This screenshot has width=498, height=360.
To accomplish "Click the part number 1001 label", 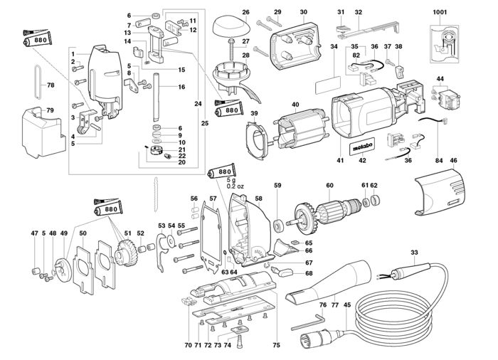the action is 440,12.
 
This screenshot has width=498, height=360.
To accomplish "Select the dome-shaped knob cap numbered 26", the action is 232,27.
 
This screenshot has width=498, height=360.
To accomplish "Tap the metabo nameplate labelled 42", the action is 362,147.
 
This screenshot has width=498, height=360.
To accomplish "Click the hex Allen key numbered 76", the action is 307,322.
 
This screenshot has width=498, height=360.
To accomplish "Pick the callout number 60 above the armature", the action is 329,185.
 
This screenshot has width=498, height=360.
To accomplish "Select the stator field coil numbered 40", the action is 300,129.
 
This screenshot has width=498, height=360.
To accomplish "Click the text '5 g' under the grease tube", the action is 233,180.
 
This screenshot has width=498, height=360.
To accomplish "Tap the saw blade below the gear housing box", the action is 156,194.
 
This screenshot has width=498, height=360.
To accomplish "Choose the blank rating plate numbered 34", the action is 328,85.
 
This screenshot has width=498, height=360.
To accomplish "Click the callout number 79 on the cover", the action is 50,110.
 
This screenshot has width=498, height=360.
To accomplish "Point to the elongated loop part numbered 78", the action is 38,82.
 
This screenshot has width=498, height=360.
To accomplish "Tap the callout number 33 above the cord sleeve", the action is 414,253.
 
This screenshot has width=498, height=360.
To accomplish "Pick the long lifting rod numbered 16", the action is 157,97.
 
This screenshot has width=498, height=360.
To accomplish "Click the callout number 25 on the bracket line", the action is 205,123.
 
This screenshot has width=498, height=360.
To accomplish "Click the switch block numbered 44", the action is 447,99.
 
